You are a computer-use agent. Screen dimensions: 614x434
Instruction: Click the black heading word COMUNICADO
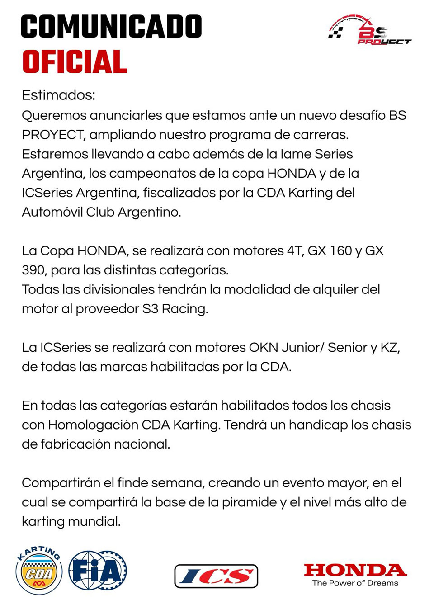coord(111,26)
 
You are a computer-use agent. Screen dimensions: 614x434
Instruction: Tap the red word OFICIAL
coord(75,62)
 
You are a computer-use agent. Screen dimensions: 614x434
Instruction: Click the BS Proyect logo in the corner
coord(369,31)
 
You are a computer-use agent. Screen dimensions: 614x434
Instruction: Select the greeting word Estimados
coord(58,95)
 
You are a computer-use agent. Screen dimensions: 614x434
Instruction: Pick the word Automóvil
coord(52,212)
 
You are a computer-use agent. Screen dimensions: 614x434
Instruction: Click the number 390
coord(34,270)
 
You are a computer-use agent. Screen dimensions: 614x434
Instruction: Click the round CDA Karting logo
coord(39,571)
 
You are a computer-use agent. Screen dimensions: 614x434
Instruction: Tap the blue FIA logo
coord(98,571)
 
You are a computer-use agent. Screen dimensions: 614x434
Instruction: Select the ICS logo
coord(216,576)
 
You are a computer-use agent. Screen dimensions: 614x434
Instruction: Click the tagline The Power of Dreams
coord(355,583)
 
